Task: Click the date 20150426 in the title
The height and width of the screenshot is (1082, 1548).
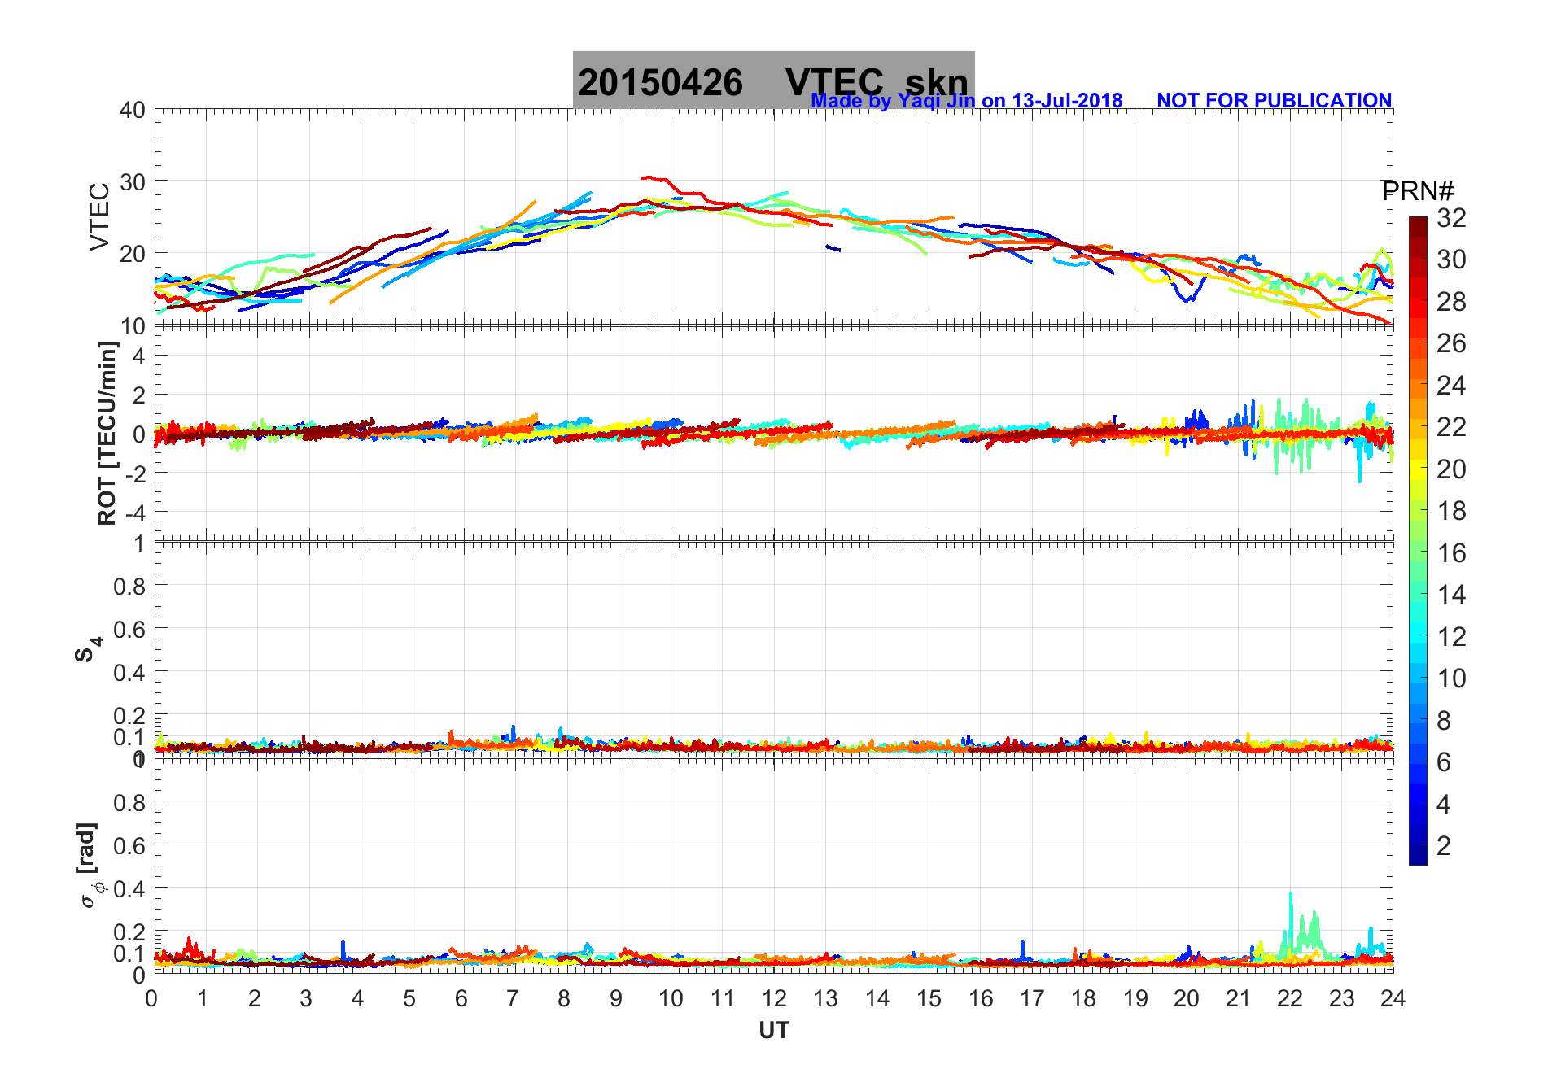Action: [660, 83]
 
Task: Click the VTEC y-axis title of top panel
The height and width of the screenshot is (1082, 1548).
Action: [99, 216]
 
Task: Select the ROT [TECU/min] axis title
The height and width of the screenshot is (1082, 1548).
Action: [107, 433]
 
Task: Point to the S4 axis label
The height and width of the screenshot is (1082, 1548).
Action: [88, 649]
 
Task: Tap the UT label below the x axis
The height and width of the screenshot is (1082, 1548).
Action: [773, 1031]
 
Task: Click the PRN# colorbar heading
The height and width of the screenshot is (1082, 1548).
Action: [1417, 191]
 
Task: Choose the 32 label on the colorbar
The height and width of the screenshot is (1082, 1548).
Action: [1451, 217]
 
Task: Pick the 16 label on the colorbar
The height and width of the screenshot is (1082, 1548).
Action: [1451, 553]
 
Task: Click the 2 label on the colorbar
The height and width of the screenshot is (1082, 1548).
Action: [1444, 846]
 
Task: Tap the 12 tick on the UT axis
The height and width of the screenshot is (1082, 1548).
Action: [774, 998]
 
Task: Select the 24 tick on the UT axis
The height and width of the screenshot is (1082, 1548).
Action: [1393, 998]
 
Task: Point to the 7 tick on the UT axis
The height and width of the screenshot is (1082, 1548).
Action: [513, 998]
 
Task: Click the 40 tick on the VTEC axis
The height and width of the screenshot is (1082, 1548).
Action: [133, 110]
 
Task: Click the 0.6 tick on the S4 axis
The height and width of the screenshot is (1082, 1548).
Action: [129, 629]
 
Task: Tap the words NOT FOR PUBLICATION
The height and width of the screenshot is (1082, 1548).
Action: [1274, 101]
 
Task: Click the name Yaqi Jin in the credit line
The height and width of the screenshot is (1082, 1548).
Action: [936, 101]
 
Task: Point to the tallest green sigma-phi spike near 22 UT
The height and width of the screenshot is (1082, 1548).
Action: [1290, 893]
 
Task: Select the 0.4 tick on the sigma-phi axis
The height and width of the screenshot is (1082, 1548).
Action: [129, 888]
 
